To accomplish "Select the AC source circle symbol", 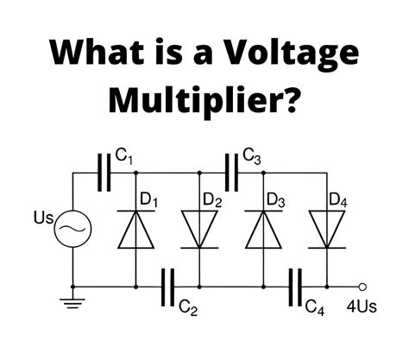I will pos(72,230).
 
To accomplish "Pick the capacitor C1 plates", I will pos(106,170).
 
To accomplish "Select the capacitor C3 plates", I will pos(230,170).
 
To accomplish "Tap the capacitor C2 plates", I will pos(167,286).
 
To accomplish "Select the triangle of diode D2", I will pos(198,228).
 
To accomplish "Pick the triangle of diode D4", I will pos(325,228).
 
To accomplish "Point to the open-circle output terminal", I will pos(363,286).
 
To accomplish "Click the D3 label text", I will pos(276,201).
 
